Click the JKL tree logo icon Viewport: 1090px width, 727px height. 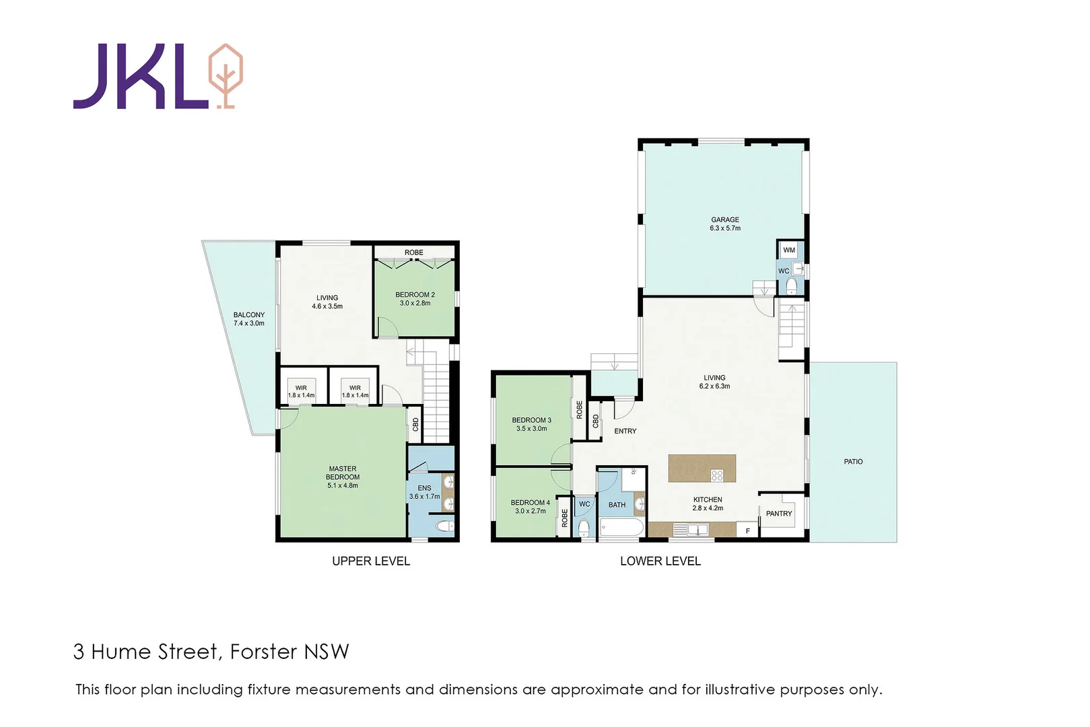pyautogui.click(x=225, y=75)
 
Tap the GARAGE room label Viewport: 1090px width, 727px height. pyautogui.click(x=724, y=219)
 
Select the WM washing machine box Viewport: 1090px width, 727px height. pyautogui.click(x=789, y=250)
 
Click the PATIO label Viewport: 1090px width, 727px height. pyautogui.click(x=853, y=462)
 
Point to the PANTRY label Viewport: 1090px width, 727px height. pyautogui.click(x=779, y=514)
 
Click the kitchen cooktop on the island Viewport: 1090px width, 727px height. pyautogui.click(x=717, y=475)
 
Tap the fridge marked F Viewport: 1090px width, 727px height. pyautogui.click(x=747, y=531)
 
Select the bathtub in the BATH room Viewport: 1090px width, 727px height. pyautogui.click(x=621, y=527)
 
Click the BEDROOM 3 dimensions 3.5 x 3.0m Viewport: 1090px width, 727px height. pyautogui.click(x=531, y=429)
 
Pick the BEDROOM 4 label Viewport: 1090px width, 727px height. pyautogui.click(x=530, y=503)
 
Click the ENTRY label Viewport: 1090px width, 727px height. pyautogui.click(x=625, y=431)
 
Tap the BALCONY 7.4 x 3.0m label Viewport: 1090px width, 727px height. pyautogui.click(x=248, y=319)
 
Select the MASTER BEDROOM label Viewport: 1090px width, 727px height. pyautogui.click(x=343, y=473)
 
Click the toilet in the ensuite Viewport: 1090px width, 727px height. pyautogui.click(x=444, y=526)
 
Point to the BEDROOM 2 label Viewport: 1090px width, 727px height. pyautogui.click(x=415, y=295)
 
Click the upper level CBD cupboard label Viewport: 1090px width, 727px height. pyautogui.click(x=415, y=425)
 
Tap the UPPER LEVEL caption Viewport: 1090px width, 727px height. pyautogui.click(x=370, y=561)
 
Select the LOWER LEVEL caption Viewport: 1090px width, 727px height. pyautogui.click(x=660, y=561)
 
